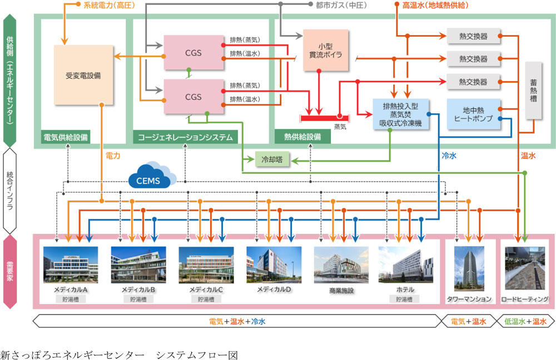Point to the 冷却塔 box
click(x=272, y=159)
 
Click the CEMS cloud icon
click(x=152, y=178)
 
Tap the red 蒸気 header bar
click(x=325, y=117)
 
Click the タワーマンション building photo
click(x=469, y=269)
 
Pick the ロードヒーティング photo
click(x=525, y=269)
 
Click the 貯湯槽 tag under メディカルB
click(x=138, y=299)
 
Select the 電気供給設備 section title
click(x=66, y=137)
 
